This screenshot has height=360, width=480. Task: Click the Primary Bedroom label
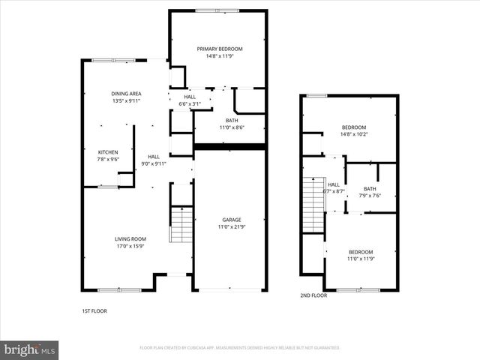[220, 49]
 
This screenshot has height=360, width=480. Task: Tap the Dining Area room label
[126, 93]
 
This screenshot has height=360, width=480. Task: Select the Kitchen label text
[108, 151]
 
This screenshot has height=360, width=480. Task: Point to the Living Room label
[130, 238]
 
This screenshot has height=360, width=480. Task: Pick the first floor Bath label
[232, 120]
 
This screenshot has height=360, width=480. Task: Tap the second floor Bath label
[370, 188]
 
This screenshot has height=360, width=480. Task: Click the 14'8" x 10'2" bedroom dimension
[354, 134]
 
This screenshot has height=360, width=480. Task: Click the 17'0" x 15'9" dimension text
[130, 246]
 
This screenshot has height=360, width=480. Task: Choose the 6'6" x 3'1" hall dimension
[190, 103]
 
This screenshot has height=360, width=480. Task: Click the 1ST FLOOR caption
[94, 310]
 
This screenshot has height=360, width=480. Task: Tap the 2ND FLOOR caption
[313, 295]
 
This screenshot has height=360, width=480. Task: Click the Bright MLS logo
[30, 349]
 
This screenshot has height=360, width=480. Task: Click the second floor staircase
[312, 205]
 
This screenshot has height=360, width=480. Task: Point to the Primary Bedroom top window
[217, 10]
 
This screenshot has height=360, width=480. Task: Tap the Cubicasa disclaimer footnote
[240, 348]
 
